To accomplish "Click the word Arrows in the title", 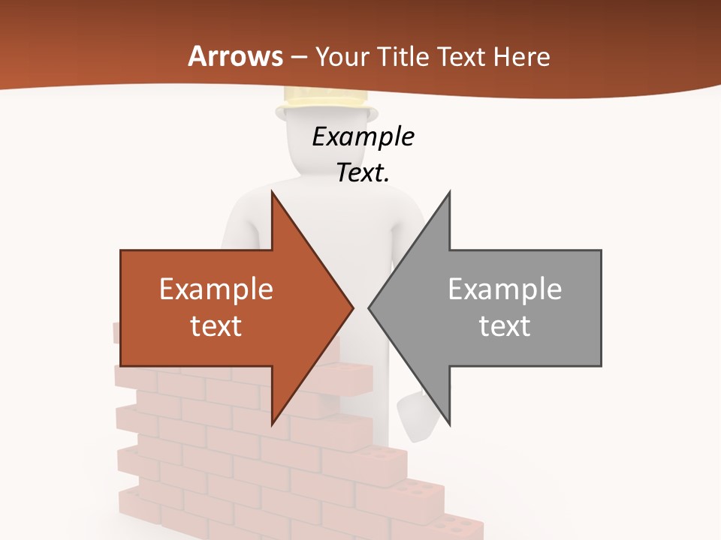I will [236, 56].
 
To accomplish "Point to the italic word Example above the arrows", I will [364, 137].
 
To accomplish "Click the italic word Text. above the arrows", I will [364, 172].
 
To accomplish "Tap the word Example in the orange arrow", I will [216, 289].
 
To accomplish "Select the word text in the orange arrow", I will [216, 326].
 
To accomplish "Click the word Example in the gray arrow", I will [505, 289].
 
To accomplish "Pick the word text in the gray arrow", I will [505, 326].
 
